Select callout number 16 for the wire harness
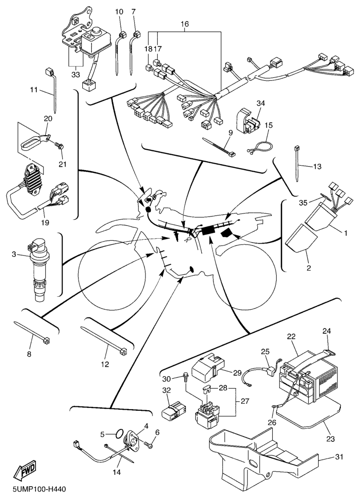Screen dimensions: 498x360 [x=184, y=24]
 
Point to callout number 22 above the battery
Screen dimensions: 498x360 [x=291, y=336]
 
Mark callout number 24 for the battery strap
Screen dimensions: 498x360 [x=327, y=330]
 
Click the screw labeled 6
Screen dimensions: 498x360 [x=149, y=445]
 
